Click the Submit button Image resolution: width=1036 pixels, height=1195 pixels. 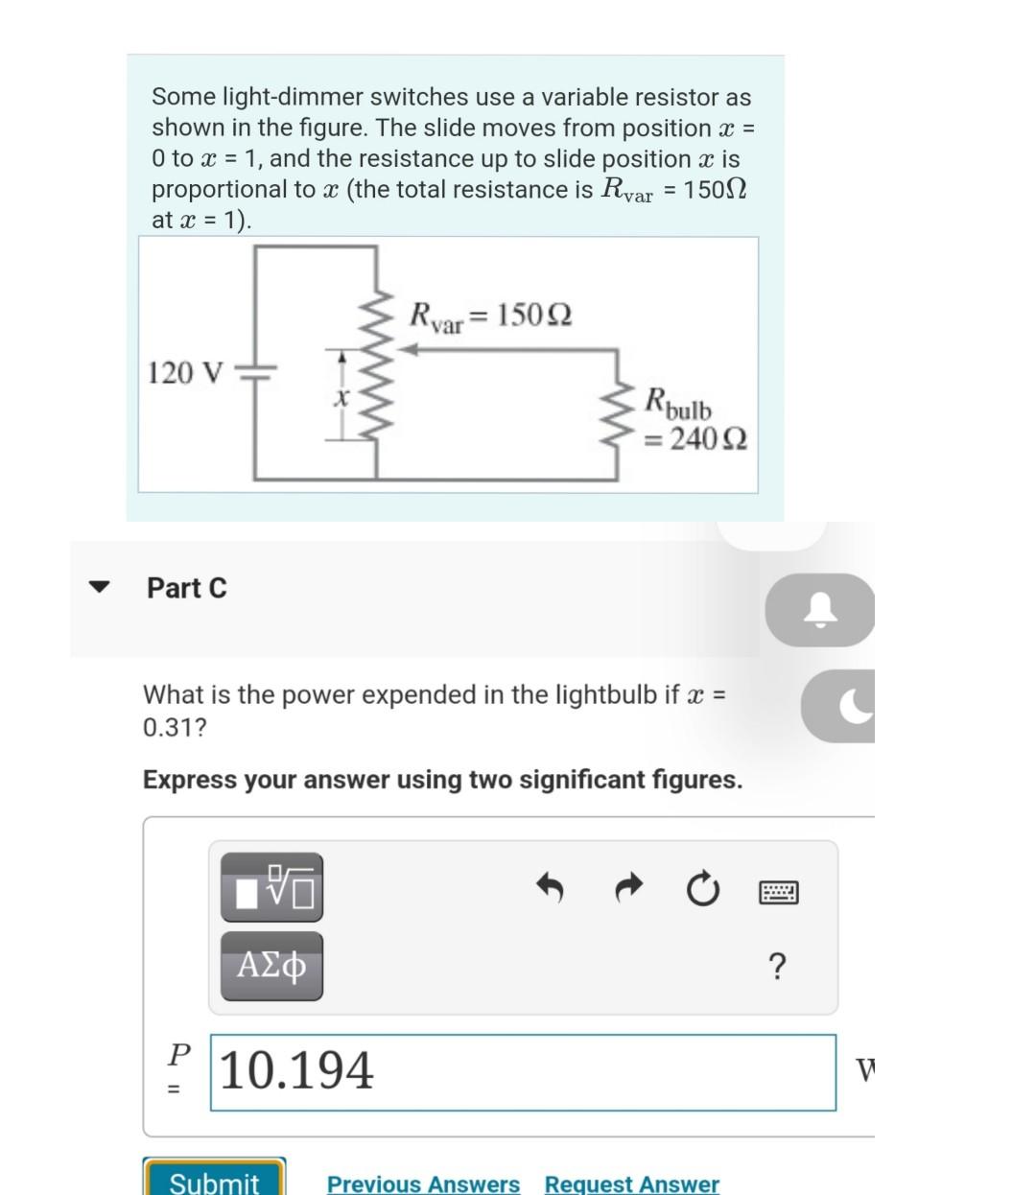click(x=214, y=1180)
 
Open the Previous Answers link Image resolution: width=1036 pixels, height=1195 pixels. click(x=423, y=1183)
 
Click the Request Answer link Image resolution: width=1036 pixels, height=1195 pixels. click(x=631, y=1183)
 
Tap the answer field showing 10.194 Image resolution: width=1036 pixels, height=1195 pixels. click(x=523, y=1071)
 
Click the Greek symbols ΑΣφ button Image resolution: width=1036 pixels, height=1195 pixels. click(x=271, y=966)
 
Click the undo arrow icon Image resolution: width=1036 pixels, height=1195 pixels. click(x=549, y=889)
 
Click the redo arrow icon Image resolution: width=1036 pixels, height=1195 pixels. click(x=627, y=889)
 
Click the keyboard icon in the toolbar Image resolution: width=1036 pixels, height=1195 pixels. click(x=778, y=893)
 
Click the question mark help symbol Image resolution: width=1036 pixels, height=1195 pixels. click(x=777, y=967)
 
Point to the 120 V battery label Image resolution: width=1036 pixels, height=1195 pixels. click(x=186, y=372)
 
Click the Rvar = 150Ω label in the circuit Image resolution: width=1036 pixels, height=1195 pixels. click(x=490, y=315)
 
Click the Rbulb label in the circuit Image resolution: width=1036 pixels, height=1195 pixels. click(x=678, y=402)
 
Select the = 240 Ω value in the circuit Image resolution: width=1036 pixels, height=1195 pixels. click(x=696, y=439)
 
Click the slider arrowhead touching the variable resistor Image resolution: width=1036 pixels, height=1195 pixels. click(x=408, y=350)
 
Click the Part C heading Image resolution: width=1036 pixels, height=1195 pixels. click(x=187, y=588)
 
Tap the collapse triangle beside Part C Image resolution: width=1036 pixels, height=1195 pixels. click(x=99, y=587)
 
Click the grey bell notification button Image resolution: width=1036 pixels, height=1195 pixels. click(x=818, y=610)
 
